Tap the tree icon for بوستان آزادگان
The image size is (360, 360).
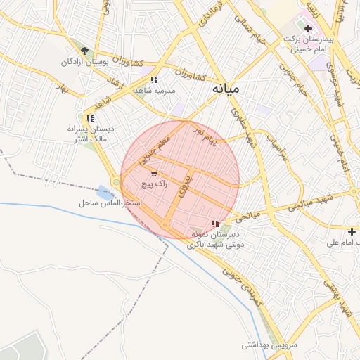coord(85,51)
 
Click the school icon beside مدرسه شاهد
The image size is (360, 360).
coord(154,79)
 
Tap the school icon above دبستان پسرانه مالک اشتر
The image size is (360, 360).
coord(89,118)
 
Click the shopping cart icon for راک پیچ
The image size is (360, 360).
coord(153,173)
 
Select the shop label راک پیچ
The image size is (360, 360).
coord(153,184)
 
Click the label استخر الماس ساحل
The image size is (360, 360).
coord(110,202)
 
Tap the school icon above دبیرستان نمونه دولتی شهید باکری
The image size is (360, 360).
coord(215,224)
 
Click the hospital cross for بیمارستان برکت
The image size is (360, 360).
coord(308,28)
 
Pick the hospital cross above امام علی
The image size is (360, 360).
coord(352,231)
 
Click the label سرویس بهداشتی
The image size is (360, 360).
coord(270,345)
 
